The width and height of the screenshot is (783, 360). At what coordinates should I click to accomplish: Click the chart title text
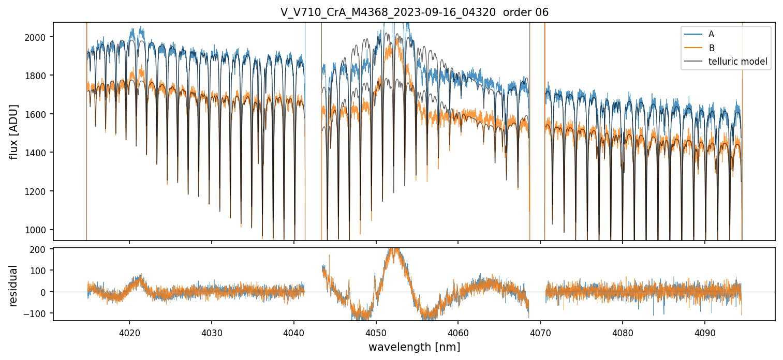pos(414,12)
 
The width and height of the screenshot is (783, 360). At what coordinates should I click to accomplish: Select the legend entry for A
pos(711,34)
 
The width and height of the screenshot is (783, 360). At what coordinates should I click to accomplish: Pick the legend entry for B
pos(711,48)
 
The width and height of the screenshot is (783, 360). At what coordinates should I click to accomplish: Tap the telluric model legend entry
pos(737,62)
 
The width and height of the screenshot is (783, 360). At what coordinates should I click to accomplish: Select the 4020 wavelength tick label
pos(129,331)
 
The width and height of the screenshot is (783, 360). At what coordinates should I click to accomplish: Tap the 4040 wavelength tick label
pos(294,331)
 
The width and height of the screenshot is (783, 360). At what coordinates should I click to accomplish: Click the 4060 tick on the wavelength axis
pos(458,331)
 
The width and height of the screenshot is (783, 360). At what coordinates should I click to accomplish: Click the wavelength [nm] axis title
pos(414,347)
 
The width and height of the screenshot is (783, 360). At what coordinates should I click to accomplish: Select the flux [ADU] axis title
pos(14,131)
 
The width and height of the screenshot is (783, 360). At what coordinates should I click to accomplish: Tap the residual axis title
pos(14,286)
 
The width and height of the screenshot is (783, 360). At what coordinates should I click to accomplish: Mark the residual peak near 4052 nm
pos(394,251)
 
